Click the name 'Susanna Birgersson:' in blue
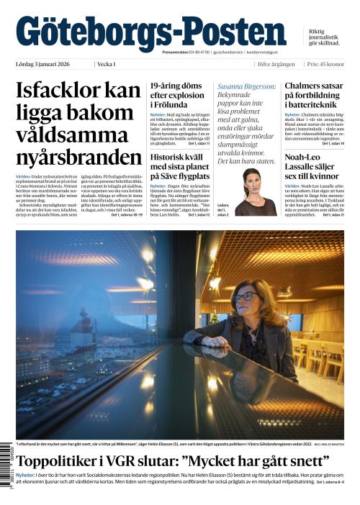coord(246,86)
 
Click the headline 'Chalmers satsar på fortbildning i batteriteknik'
coord(314,96)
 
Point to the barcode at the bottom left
coord(9,468)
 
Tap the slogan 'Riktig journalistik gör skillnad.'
coord(323,37)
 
